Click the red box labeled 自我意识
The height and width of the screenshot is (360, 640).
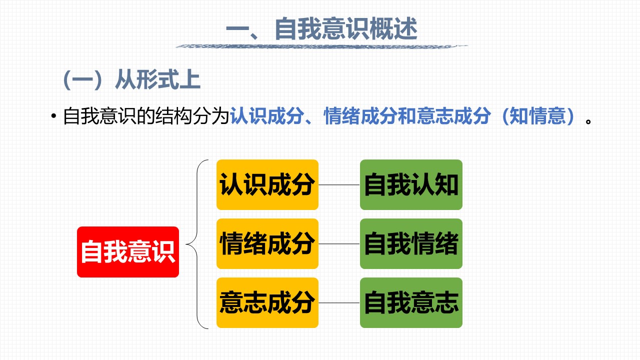[128, 251]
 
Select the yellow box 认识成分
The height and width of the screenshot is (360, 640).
[267, 184]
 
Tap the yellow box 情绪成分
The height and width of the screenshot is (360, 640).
[267, 243]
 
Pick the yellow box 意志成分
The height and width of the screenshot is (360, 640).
[267, 302]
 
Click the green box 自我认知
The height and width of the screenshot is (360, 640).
[411, 184]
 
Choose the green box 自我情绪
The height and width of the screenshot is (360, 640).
[411, 243]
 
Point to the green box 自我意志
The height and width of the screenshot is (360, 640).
[411, 302]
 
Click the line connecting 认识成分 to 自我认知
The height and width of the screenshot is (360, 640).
[339, 185]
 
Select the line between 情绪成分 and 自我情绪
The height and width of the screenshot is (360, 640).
[339, 244]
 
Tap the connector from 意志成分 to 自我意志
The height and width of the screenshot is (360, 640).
[339, 303]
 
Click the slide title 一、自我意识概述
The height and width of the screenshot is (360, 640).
[321, 28]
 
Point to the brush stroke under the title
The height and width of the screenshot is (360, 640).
[321, 46]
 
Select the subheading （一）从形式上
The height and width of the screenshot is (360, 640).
[131, 79]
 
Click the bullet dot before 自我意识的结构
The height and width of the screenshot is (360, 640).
[53, 116]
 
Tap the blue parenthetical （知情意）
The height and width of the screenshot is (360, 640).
[538, 116]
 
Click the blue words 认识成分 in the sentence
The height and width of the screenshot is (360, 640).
[267, 116]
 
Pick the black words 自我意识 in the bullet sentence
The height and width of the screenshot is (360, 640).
[99, 116]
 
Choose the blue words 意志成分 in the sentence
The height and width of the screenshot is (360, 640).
[453, 116]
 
